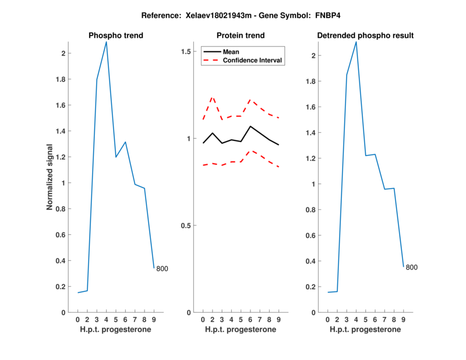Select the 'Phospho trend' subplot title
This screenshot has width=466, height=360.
coord(116,36)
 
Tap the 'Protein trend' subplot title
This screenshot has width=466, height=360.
coord(241,36)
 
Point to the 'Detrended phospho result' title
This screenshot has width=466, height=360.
coord(365,36)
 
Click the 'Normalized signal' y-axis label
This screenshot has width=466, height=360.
coord(51,177)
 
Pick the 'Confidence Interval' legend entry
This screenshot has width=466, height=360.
coord(253,60)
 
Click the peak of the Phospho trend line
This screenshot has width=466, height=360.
coord(106,42)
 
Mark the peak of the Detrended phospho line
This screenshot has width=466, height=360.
coord(356,41)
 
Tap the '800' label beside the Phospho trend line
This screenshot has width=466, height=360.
coord(162,269)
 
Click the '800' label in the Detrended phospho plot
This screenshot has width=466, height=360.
coord(412,267)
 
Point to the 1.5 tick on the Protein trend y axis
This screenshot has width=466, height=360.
coord(186,52)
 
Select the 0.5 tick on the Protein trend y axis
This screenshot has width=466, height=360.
coord(186,225)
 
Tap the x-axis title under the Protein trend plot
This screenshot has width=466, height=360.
coord(241,330)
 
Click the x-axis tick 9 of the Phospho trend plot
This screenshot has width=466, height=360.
coord(154,319)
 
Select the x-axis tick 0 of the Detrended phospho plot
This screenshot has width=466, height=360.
coord(327,319)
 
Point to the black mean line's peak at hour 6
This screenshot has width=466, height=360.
coord(250,126)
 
